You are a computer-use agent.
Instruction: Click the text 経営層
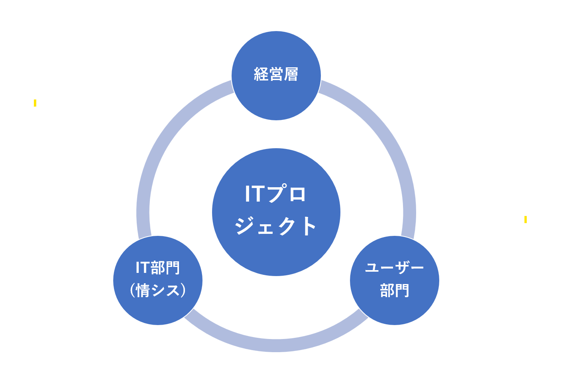tap(276, 74)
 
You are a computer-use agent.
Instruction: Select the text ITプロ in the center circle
tap(275, 193)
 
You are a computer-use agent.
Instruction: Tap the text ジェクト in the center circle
tap(275, 225)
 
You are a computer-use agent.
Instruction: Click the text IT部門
tap(158, 268)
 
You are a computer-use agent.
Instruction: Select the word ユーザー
tap(395, 267)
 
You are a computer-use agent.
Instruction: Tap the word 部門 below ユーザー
tap(395, 290)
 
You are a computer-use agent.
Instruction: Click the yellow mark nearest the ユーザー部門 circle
tap(525, 220)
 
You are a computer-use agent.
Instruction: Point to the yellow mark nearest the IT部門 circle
tap(35, 103)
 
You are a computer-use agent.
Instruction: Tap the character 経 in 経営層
tap(261, 74)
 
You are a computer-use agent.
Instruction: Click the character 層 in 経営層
tap(291, 74)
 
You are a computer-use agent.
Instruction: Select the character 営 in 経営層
tap(276, 74)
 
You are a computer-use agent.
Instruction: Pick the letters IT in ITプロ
tap(255, 194)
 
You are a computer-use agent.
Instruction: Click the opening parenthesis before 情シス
tap(132, 291)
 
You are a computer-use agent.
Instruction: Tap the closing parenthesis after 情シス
tap(183, 291)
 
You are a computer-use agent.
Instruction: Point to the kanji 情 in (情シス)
tap(143, 291)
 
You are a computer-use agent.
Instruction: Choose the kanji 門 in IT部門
tap(173, 268)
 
